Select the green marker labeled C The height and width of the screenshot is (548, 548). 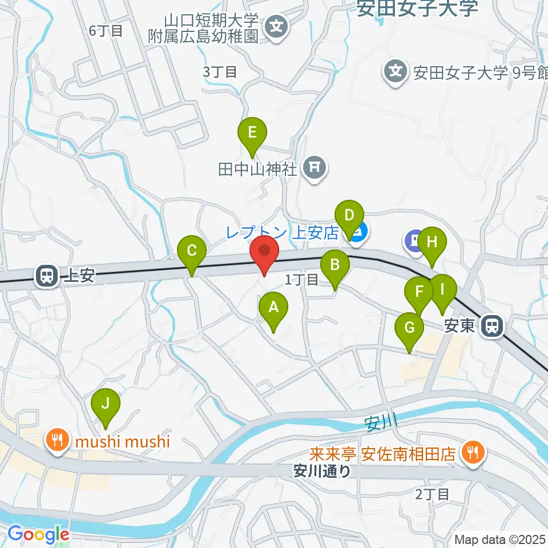pyautogui.click(x=192, y=252)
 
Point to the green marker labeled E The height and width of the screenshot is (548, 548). pyautogui.click(x=252, y=134)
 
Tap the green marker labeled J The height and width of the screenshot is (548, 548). pyautogui.click(x=106, y=405)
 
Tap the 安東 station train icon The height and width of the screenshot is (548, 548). pyautogui.click(x=491, y=327)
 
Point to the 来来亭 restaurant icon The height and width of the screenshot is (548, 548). pyautogui.click(x=472, y=454)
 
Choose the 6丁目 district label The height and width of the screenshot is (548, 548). pyautogui.click(x=106, y=31)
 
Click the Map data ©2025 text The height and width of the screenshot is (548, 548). pyautogui.click(x=500, y=539)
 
